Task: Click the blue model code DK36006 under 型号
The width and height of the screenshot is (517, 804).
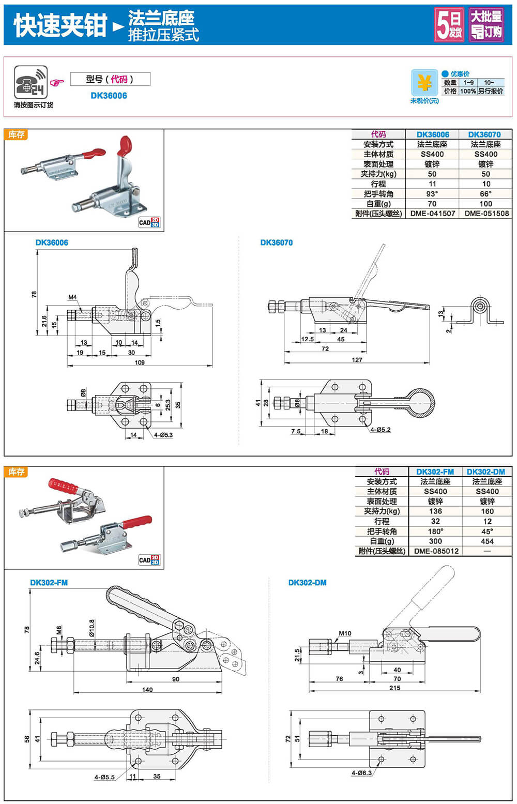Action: [109, 96]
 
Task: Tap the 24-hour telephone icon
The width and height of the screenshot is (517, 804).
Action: [31, 82]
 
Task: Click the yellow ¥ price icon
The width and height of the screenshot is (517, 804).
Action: [424, 83]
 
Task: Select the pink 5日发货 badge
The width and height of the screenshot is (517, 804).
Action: [449, 24]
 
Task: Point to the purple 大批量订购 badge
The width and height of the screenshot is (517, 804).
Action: [486, 24]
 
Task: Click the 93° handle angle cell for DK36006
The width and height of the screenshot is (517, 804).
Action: [432, 194]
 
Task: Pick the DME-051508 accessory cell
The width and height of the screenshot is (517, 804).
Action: [486, 214]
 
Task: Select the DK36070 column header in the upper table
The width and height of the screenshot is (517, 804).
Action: [484, 134]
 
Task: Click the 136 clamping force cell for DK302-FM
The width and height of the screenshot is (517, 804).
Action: [435, 511]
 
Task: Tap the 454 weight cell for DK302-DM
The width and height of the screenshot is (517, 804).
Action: [487, 541]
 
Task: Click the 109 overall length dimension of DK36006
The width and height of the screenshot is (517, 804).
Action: [140, 362]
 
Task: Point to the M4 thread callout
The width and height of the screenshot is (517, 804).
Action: [72, 297]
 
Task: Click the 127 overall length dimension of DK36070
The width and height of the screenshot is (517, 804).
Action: [357, 360]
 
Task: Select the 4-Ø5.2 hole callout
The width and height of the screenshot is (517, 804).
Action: [381, 430]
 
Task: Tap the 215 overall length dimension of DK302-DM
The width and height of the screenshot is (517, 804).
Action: [394, 688]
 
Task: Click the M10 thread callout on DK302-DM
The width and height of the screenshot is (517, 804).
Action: [345, 633]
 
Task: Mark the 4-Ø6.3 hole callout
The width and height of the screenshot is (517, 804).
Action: [361, 773]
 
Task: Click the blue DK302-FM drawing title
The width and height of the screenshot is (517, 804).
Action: [49, 583]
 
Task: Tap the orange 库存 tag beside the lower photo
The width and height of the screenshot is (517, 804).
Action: [17, 472]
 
